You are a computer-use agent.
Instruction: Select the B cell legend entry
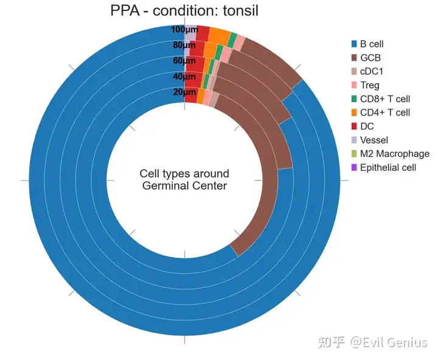[371, 44]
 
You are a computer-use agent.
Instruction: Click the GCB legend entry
[370, 58]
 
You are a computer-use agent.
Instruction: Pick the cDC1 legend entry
[371, 71]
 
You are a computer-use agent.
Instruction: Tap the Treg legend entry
[370, 85]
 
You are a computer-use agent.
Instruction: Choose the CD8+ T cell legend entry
[384, 99]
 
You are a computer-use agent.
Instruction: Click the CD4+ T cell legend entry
[384, 112]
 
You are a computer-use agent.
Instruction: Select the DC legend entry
[367, 126]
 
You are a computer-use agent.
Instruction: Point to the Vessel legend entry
[374, 140]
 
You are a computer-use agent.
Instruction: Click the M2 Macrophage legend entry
[394, 154]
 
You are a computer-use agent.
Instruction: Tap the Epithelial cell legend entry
[388, 167]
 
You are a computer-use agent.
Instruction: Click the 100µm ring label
[183, 30]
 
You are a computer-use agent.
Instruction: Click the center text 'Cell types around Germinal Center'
[184, 180]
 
